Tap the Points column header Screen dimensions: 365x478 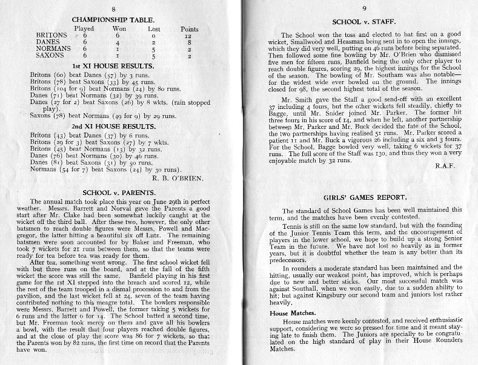point(189,28)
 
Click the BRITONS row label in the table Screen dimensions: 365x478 point(51,36)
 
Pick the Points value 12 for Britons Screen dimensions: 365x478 point(188,36)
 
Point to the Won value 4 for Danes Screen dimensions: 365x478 point(120,42)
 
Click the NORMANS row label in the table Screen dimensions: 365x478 point(53,49)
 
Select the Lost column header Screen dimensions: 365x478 point(154,28)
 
